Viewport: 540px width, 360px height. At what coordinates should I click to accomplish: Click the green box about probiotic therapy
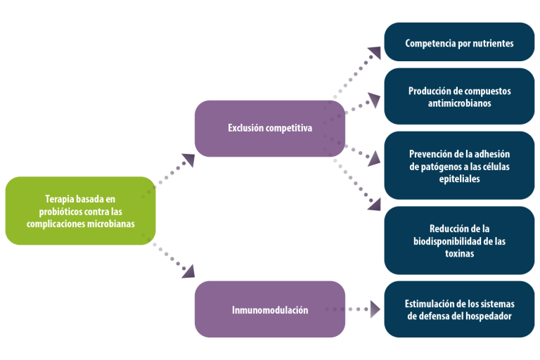point(80,211)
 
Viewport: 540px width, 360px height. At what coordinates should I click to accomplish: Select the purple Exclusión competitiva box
point(270,129)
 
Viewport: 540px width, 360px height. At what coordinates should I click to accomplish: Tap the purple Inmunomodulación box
point(270,309)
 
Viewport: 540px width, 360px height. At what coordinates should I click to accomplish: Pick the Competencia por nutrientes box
point(459,42)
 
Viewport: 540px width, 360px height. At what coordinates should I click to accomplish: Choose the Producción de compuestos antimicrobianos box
point(459,96)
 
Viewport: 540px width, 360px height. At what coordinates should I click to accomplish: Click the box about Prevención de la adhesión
point(459,165)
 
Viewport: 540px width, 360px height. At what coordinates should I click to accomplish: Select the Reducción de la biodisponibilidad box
point(459,240)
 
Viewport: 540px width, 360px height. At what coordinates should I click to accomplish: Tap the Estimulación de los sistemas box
point(459,309)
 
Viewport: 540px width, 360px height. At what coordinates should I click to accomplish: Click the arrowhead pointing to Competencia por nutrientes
point(375,52)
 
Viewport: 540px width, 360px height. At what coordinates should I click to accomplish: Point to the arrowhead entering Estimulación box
point(375,309)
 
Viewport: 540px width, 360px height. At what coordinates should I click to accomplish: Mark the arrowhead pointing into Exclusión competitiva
point(188,160)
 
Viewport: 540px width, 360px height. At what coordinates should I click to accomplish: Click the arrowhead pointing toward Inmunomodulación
point(188,271)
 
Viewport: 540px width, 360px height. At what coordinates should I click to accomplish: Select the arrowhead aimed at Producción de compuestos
point(375,100)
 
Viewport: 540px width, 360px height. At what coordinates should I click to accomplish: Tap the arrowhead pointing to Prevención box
point(374,159)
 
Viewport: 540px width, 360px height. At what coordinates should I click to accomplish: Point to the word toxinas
point(459,254)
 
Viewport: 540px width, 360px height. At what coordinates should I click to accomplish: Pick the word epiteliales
point(459,179)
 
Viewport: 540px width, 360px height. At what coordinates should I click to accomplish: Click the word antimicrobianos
point(459,103)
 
